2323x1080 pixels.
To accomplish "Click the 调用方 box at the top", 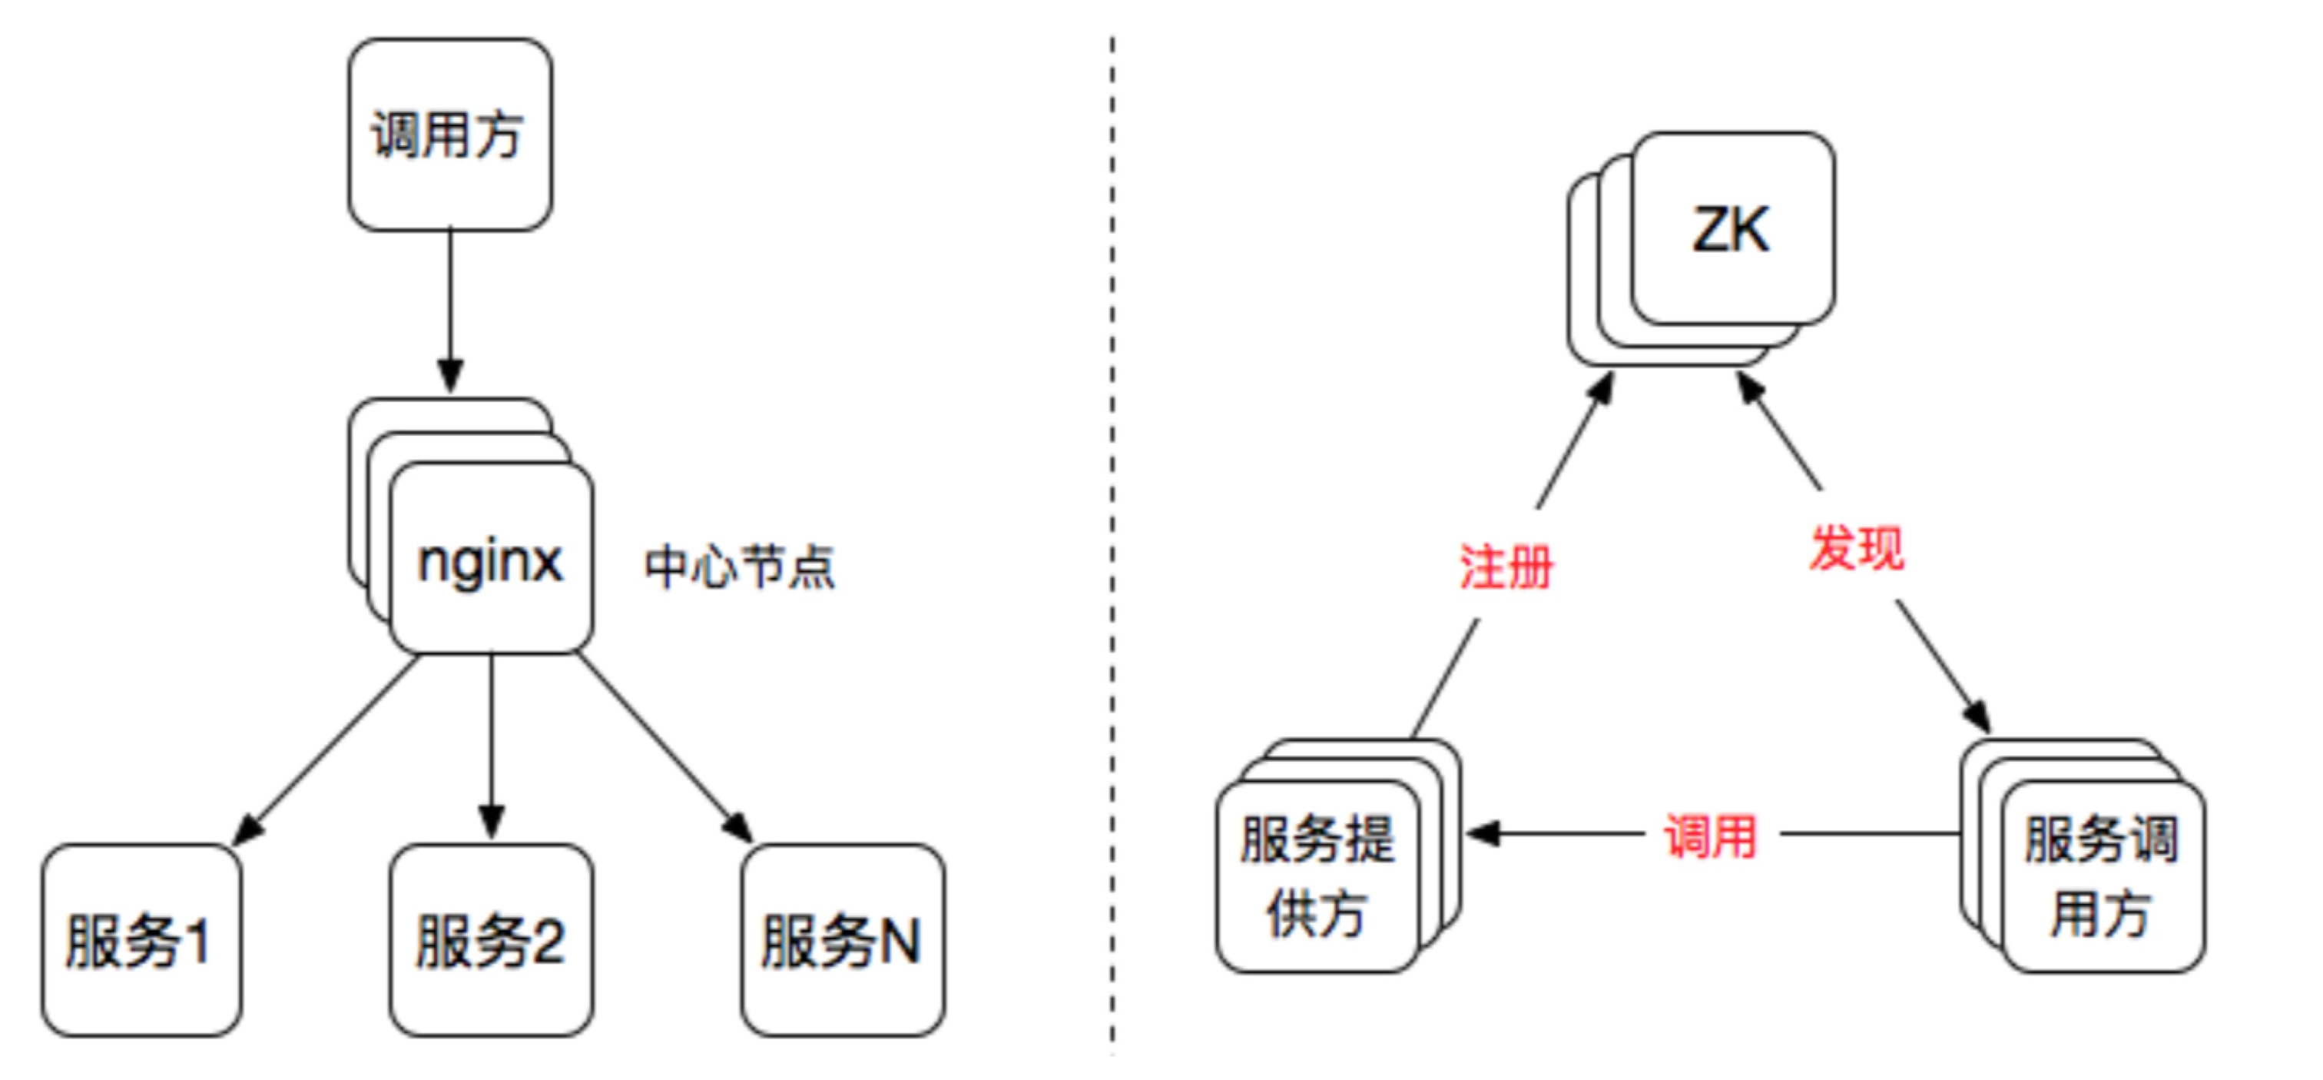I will coord(450,135).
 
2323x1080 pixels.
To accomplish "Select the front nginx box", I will coord(492,559).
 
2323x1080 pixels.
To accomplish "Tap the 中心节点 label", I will coord(740,567).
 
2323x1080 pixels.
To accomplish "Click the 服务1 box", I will coord(141,940).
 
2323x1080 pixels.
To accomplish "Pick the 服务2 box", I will coord(492,940).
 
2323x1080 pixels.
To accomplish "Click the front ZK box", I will coord(1732,229).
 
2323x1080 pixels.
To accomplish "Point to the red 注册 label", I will coord(1506,567).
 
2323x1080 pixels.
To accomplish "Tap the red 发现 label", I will coord(1856,547).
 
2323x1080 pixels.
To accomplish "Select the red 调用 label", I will coord(1710,836).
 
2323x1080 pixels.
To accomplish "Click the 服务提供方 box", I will coord(1317,876).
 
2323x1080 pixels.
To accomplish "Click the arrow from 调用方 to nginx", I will coord(450,307).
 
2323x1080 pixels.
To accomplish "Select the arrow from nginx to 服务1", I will coord(329,749).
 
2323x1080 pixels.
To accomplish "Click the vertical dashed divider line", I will coord(1112,541).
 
